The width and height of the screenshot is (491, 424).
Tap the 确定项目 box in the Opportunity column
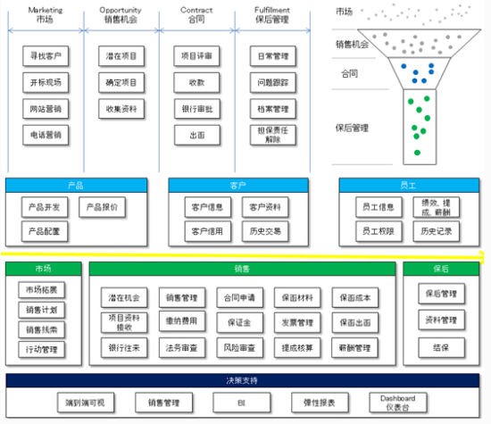[121, 83]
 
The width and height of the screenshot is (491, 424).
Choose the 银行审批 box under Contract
[196, 109]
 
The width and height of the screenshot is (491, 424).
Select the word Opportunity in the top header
[121, 9]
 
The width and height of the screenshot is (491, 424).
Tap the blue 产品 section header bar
[76, 185]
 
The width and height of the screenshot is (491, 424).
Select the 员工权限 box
[374, 231]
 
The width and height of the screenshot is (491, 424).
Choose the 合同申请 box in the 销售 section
[239, 297]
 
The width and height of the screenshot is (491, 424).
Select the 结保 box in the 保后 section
[440, 347]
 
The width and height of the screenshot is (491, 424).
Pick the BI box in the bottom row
[240, 403]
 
